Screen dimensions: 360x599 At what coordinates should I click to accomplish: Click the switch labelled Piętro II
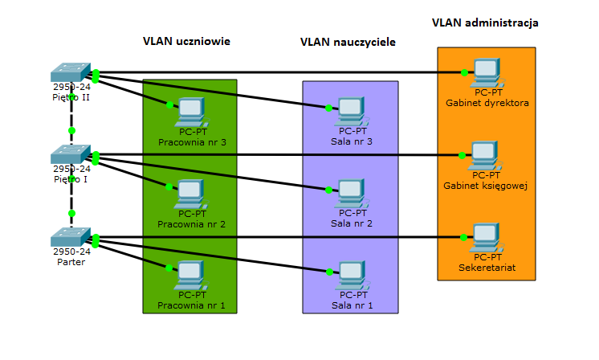(x=71, y=73)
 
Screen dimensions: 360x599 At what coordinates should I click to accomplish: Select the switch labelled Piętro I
(x=71, y=154)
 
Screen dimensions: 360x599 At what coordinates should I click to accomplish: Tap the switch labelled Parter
(x=71, y=238)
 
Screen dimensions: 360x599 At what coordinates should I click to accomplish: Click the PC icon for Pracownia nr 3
(x=191, y=110)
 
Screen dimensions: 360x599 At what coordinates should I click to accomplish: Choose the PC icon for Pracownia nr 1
(x=191, y=276)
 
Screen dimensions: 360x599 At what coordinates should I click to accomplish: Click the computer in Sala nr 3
(x=352, y=111)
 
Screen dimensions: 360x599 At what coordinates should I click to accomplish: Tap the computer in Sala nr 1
(x=352, y=276)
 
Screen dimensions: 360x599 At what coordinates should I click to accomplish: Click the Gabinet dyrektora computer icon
(x=487, y=73)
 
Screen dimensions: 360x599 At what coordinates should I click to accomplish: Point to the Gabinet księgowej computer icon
(x=485, y=155)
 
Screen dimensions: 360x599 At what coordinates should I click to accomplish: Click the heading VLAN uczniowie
(x=186, y=41)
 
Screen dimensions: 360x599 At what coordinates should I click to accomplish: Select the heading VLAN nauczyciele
(x=348, y=41)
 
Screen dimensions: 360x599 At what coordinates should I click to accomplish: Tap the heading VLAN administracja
(x=484, y=23)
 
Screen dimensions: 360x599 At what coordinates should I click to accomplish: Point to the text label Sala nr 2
(x=352, y=223)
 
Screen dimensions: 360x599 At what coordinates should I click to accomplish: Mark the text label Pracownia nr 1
(x=191, y=305)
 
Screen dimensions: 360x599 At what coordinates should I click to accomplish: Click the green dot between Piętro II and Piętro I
(x=71, y=129)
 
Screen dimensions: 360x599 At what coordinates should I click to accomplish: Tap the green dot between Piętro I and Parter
(x=71, y=213)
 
